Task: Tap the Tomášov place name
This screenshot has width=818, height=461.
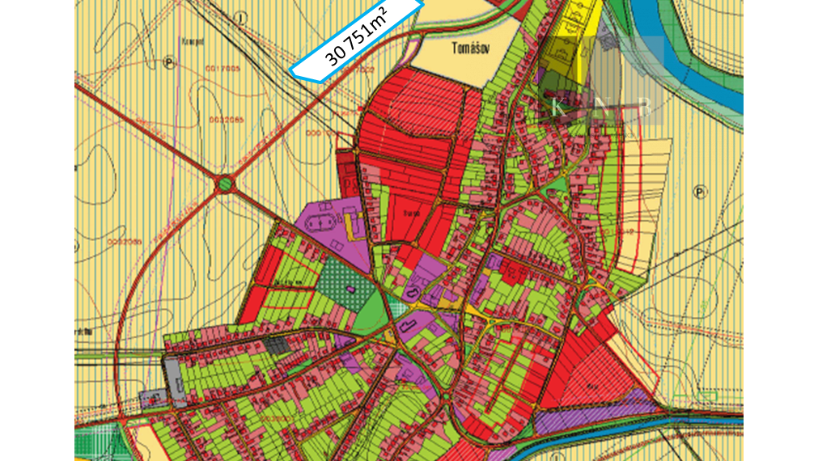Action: [x=467, y=48]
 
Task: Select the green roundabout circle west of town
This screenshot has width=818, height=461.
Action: [x=224, y=185]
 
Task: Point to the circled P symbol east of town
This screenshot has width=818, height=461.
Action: [x=700, y=192]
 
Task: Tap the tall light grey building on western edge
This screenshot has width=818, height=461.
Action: [x=174, y=379]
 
